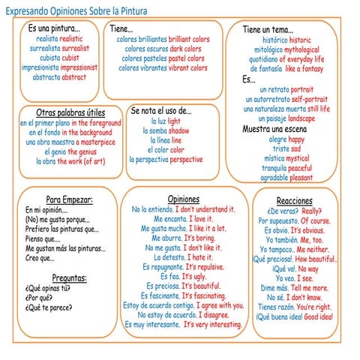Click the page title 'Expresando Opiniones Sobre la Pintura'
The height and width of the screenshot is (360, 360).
point(77,11)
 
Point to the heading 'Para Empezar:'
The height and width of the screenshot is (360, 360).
point(69,199)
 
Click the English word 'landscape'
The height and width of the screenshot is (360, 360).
point(301,118)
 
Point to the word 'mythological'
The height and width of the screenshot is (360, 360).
point(303,49)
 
